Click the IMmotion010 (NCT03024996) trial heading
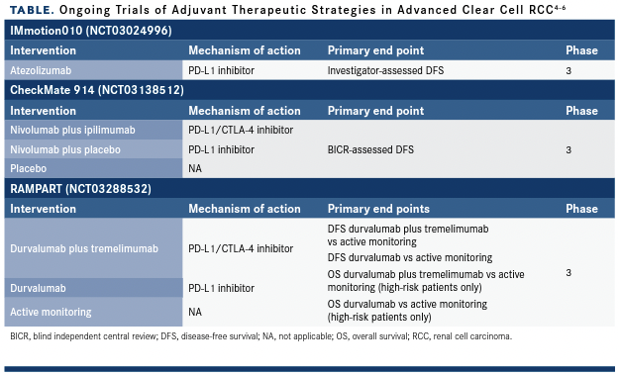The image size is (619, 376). click(91, 31)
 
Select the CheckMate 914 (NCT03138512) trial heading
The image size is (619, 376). click(97, 90)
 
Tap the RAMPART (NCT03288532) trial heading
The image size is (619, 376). click(80, 189)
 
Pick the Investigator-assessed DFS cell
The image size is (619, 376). click(385, 70)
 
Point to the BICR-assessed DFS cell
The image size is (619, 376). click(370, 149)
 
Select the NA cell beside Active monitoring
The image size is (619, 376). click(195, 312)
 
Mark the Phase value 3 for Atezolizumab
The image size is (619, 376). click(568, 71)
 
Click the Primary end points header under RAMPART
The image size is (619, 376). click(378, 209)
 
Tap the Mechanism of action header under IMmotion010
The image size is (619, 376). click(245, 50)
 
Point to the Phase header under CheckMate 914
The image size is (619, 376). click(581, 111)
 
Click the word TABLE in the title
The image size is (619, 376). click(32, 10)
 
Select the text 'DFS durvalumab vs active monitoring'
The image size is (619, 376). click(410, 257)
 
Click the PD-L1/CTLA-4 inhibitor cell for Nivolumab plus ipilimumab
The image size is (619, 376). click(241, 130)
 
